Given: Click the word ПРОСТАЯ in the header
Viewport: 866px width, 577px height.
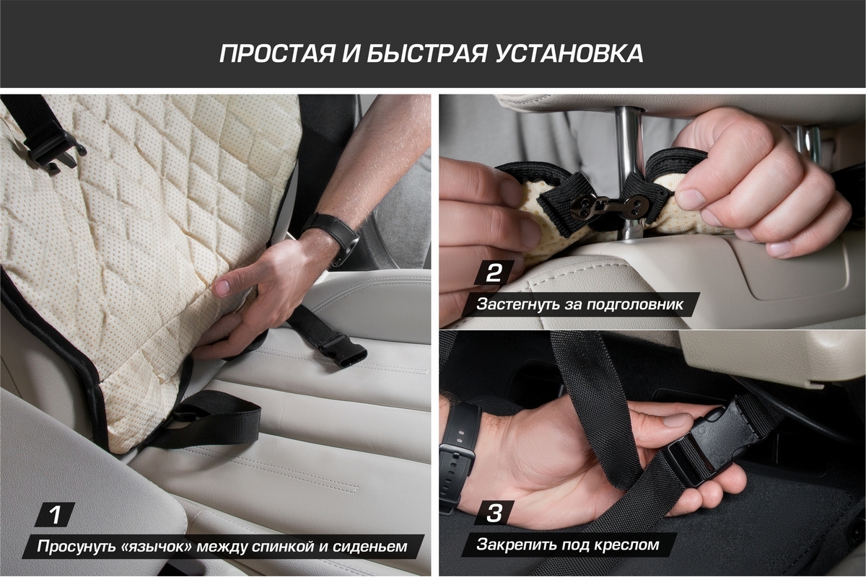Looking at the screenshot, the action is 277,53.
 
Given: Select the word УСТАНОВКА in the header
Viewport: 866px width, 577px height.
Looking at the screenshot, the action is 569,53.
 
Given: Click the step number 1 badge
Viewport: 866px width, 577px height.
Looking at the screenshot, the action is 55,515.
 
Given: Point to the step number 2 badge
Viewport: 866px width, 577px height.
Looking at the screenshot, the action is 494,273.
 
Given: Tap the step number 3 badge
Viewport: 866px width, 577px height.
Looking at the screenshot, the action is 494,513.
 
